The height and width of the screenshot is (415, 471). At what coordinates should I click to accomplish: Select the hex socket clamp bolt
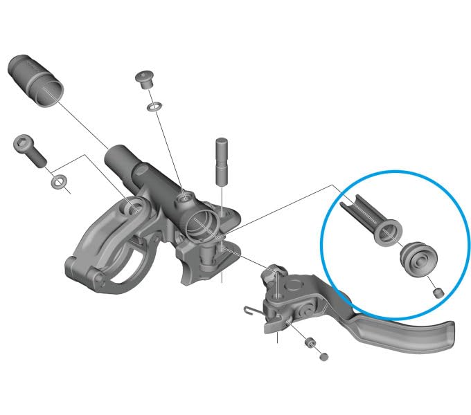point(29,153)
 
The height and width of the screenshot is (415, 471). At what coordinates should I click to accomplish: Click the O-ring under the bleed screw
point(154,107)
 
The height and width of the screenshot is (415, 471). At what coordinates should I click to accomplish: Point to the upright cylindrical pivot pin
point(221,160)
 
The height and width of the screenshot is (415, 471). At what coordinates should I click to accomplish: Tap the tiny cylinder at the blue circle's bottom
point(437,293)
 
